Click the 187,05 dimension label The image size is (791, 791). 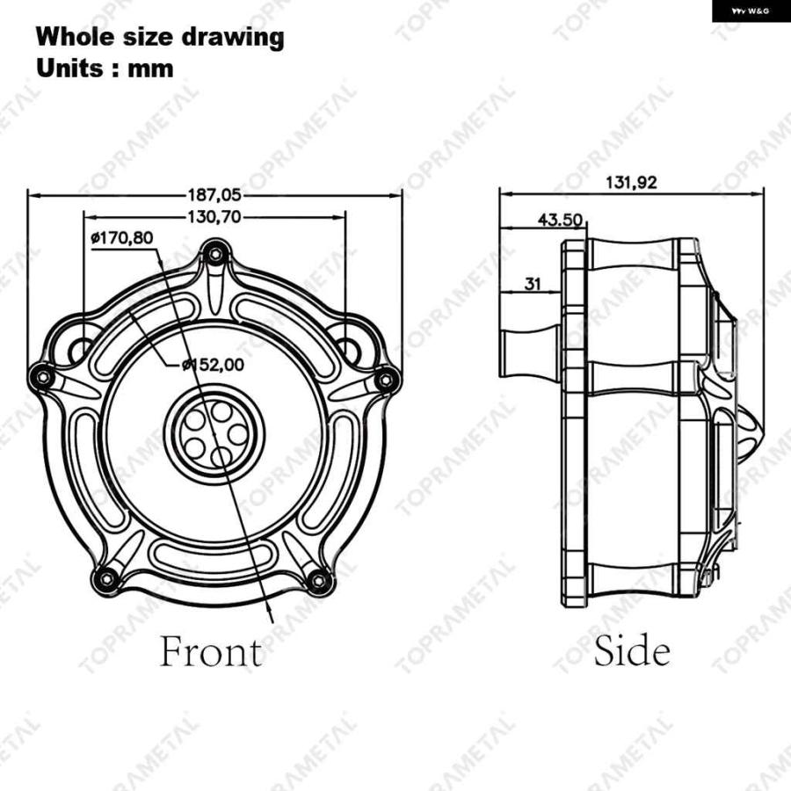[x=214, y=195]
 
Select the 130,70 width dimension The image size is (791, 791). [x=214, y=217]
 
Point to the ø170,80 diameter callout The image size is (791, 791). [x=121, y=237]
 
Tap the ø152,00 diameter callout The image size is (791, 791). [x=213, y=364]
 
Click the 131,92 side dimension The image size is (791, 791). [x=631, y=182]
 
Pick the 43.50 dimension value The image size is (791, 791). [x=560, y=220]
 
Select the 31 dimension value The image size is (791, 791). [x=533, y=284]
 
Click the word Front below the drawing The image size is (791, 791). [x=211, y=651]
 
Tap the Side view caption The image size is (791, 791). [x=632, y=650]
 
